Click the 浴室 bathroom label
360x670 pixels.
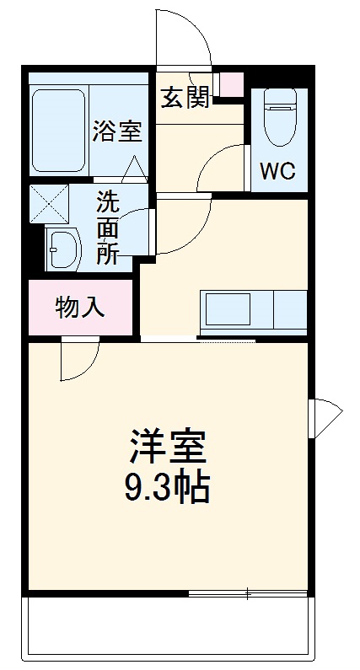pyautogui.click(x=116, y=131)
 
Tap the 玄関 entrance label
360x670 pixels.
pyautogui.click(x=185, y=98)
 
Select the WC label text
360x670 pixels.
pyautogui.click(x=277, y=171)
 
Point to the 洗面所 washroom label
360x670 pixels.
pyautogui.click(x=107, y=228)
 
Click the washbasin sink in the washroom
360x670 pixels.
pyautogui.click(x=62, y=249)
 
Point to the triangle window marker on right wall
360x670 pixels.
pyautogui.click(x=325, y=416)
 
